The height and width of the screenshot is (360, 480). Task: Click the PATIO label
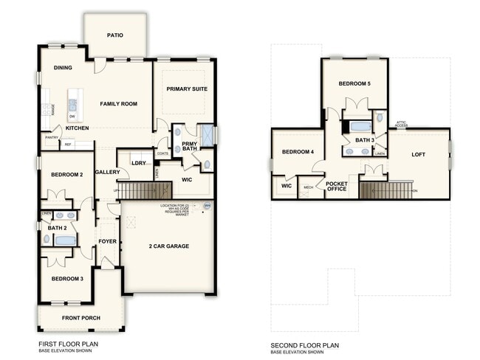(114, 35)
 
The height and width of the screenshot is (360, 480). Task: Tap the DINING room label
(63, 68)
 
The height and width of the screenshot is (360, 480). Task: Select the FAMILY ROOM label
(119, 104)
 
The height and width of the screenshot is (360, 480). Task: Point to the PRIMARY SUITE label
(187, 89)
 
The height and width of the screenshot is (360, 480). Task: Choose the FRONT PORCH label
(82, 318)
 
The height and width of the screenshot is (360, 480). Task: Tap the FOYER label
(108, 240)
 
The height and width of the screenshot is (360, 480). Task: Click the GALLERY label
(107, 172)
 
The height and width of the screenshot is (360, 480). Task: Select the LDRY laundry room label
(138, 163)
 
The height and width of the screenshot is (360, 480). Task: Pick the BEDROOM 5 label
(354, 84)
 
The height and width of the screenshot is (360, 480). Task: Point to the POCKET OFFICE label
(336, 186)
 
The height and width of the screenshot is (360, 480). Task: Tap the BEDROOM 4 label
(298, 152)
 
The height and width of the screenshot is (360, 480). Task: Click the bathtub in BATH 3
(360, 125)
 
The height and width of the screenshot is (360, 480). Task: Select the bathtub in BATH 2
(64, 240)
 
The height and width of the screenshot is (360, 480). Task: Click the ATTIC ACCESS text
(401, 124)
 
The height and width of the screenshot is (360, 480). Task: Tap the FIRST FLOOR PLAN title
(68, 344)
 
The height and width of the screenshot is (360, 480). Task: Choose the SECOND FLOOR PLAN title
(304, 345)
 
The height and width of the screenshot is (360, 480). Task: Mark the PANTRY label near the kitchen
(52, 137)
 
